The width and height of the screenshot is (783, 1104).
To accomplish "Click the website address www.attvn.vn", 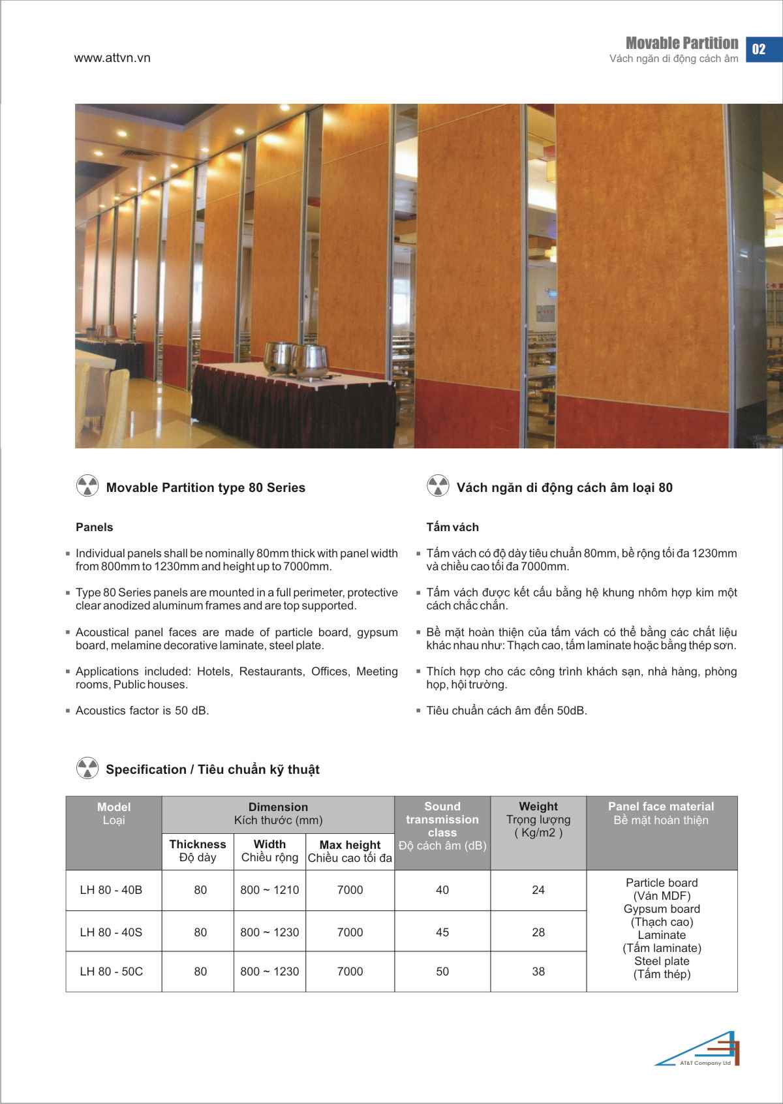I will point(112,57).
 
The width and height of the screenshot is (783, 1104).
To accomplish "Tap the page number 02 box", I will point(759,49).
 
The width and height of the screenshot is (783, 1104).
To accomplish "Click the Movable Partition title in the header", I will point(681,43).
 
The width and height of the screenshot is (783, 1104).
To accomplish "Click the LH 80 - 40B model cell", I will point(111,890).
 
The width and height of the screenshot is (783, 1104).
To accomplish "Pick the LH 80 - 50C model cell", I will point(111,972).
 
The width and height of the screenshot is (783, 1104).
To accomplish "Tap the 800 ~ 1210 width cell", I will point(269,890).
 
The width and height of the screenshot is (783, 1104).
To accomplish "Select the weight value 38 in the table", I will point(538,972).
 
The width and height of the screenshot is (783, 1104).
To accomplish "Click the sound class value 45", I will point(442,932).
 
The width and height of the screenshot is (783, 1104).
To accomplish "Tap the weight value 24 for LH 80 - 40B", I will point(538,890).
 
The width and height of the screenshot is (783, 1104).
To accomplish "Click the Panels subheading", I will point(95,527).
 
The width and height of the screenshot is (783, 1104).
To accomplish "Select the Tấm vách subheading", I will point(452,527).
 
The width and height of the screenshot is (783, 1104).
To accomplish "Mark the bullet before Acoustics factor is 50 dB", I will point(68,711).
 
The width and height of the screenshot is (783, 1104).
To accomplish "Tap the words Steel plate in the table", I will point(662,961).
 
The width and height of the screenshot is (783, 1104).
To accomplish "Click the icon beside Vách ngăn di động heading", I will point(437,486).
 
